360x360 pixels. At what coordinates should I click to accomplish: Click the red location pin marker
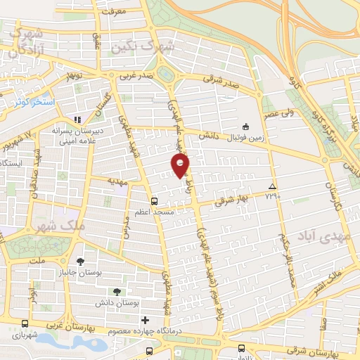180,166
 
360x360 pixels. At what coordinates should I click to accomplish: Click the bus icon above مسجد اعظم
154,200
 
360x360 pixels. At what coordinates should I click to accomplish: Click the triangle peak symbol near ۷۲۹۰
272,186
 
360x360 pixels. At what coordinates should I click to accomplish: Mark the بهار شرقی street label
236,199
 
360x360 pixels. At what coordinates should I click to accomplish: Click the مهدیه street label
115,181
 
